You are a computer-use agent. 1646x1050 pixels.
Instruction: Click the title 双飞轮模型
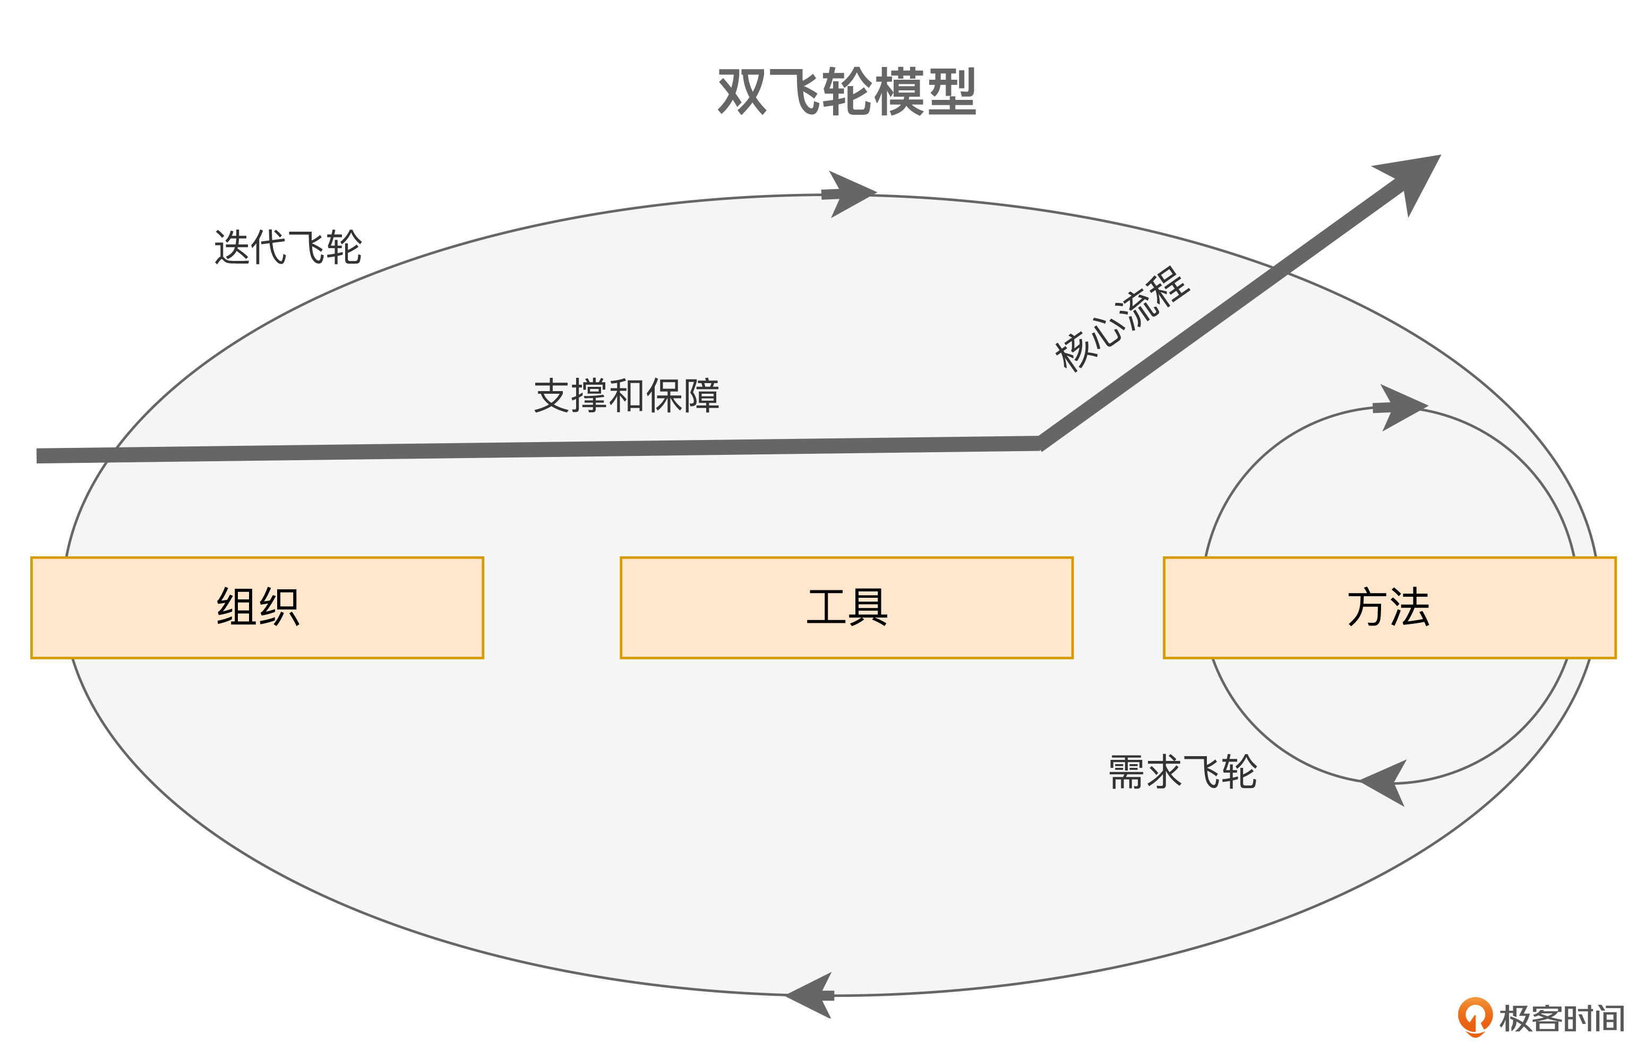(846, 92)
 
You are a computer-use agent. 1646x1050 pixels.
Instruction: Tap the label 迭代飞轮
(288, 247)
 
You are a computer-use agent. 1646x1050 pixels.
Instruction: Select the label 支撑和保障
(626, 395)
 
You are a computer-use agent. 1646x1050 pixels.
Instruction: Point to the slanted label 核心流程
(1122, 319)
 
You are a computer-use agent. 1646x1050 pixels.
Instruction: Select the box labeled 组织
(257, 607)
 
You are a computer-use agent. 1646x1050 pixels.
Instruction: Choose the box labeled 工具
(846, 607)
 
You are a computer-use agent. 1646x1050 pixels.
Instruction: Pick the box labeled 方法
(1389, 607)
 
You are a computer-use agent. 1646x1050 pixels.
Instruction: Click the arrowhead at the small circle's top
(1401, 407)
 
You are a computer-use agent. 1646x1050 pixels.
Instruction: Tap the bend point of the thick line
(1040, 443)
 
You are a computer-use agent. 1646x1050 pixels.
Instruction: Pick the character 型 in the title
(951, 92)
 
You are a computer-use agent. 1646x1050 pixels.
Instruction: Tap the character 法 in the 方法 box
(1410, 607)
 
